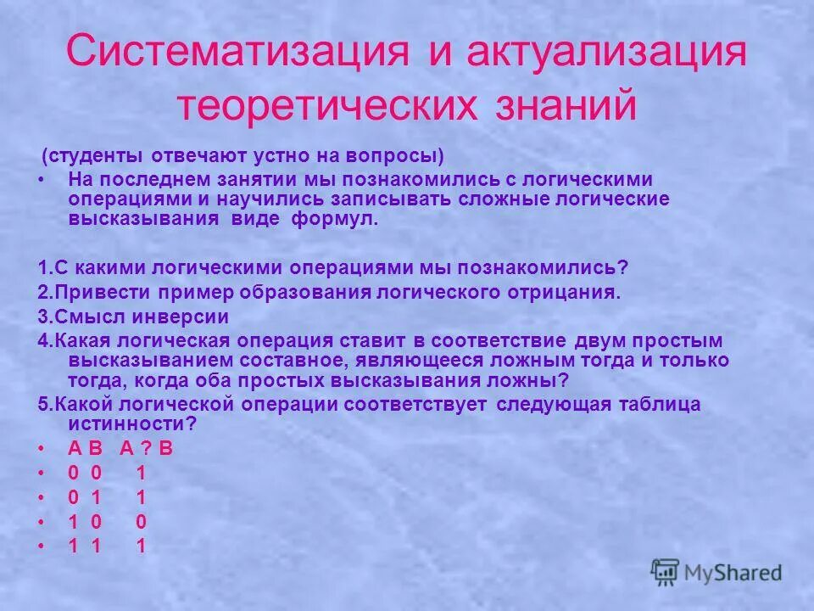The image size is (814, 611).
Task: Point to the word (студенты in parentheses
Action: [94, 157]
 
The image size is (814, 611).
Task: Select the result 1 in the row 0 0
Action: [141, 474]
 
